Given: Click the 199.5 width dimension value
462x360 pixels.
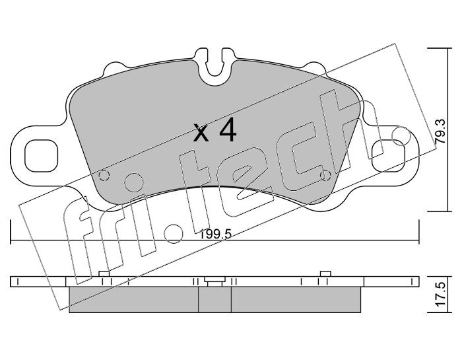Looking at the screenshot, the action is pyautogui.click(x=216, y=235).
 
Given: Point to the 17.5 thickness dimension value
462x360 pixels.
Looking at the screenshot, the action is pyautogui.click(x=441, y=294).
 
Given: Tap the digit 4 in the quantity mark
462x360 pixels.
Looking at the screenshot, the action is pyautogui.click(x=228, y=129).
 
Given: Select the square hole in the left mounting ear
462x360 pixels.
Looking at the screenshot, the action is pyautogui.click(x=41, y=155).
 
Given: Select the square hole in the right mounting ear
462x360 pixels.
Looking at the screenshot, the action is pyautogui.click(x=388, y=155).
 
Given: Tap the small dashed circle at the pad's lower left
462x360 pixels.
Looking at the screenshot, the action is pyautogui.click(x=104, y=176).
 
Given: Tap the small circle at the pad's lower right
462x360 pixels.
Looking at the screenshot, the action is pyautogui.click(x=325, y=176).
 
